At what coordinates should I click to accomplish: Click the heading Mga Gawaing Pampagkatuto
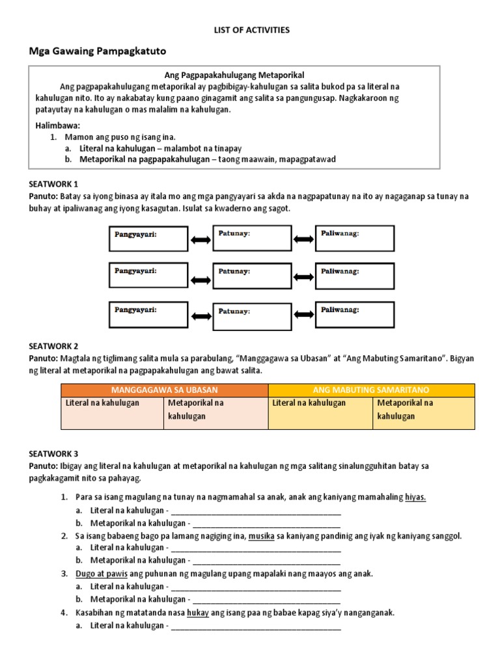pos(101,51)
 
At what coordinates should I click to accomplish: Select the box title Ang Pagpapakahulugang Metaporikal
pos(234,75)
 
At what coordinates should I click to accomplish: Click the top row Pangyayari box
pos(148,239)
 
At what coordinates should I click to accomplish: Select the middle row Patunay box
pos(252,275)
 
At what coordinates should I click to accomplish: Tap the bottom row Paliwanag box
pos(355,315)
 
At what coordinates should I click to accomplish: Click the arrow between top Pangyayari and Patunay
pos(201,240)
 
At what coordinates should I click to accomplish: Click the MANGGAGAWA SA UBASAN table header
pos(164,390)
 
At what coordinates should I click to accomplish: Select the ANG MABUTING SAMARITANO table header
pos(371,390)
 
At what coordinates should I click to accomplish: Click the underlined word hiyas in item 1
pos(415,498)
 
